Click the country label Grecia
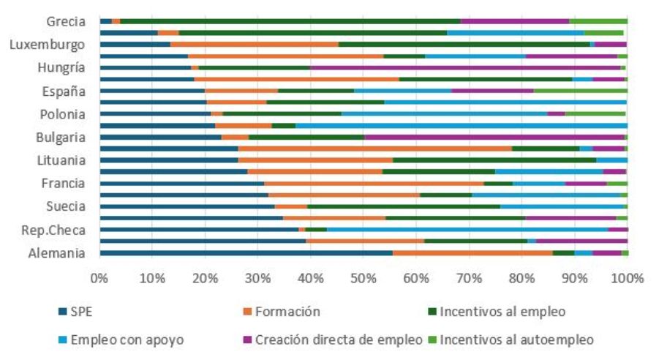[x=66, y=22]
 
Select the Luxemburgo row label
[x=48, y=45]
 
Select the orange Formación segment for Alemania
[x=472, y=253]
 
